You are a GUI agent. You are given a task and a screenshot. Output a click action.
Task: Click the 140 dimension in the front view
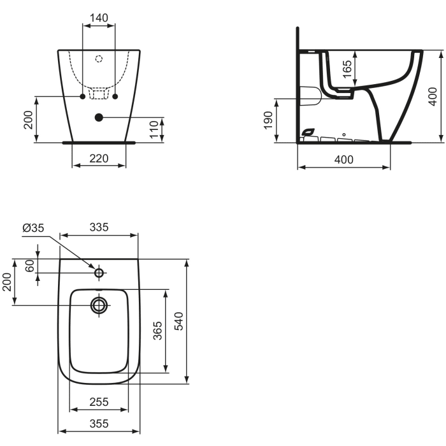point(99,18)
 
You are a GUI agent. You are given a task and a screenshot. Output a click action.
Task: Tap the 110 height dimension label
point(153,129)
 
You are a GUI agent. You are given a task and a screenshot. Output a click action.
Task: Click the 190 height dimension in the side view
point(268,120)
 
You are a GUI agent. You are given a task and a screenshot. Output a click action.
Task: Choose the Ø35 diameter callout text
point(33,227)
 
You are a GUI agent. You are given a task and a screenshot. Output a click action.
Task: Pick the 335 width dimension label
point(99,227)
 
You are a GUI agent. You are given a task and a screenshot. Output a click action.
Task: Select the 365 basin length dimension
point(157,331)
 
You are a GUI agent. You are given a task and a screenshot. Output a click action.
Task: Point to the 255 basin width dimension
point(99,402)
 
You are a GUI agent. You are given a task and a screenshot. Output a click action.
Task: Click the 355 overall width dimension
point(99,423)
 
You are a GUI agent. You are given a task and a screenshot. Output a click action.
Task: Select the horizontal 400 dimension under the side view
point(343,160)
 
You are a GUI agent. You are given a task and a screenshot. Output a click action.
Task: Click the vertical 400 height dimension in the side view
point(432,96)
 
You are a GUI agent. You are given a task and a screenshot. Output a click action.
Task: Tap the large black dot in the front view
point(99,117)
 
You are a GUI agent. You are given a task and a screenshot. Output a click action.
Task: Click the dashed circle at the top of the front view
point(99,59)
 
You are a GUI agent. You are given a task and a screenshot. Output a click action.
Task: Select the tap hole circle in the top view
point(99,273)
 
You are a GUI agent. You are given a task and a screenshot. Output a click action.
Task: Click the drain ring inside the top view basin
point(99,305)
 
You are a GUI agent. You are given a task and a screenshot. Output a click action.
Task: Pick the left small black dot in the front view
point(83,96)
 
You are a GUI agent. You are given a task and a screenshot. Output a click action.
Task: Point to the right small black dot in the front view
point(115,96)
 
